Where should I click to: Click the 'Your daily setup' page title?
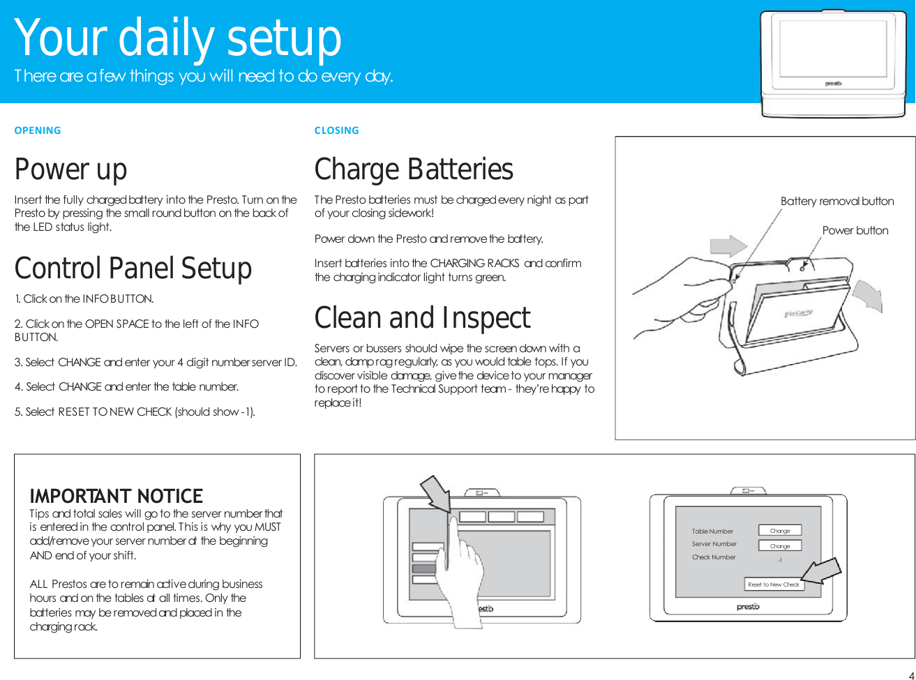coord(178,38)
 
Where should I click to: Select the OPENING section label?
coord(38,130)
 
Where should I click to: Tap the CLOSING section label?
coord(336,130)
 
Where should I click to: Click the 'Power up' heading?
coord(71,169)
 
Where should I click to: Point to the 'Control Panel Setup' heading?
coord(133,269)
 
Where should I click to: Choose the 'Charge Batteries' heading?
coord(414,169)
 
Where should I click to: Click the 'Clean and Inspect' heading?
coord(422,318)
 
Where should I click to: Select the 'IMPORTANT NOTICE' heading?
coord(116,496)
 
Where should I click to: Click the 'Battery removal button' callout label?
coord(837,201)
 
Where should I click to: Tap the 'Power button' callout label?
coord(855,230)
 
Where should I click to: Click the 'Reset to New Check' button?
coord(773,584)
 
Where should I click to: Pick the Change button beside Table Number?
coord(780,531)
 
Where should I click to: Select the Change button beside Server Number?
coord(780,546)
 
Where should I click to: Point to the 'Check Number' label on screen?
coord(714,557)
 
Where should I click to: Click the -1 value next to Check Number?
coord(779,560)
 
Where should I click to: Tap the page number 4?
coord(910,674)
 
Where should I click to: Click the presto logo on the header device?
coord(833,84)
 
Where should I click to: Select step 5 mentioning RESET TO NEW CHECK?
coord(135,411)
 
